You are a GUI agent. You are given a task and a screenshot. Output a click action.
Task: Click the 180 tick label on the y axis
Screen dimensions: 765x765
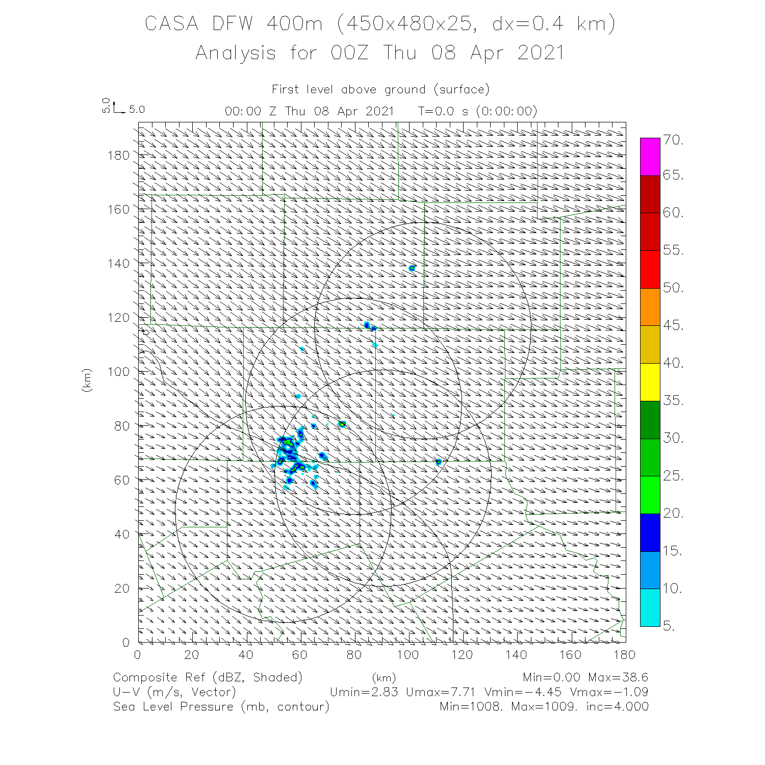click(x=119, y=155)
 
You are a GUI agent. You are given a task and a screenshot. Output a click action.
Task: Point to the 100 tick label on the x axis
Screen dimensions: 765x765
click(x=408, y=654)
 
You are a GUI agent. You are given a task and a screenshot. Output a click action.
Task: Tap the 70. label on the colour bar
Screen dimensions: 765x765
click(x=673, y=140)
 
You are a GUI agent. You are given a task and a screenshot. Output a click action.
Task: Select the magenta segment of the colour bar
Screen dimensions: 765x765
click(x=650, y=157)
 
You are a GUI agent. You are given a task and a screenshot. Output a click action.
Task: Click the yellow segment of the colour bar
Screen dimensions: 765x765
click(x=650, y=382)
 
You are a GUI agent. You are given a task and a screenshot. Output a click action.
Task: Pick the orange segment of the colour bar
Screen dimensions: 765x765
click(x=650, y=307)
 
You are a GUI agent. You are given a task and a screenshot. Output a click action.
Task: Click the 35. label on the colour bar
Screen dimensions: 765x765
click(x=673, y=400)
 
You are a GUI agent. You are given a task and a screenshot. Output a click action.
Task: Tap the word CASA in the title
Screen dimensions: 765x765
click(x=171, y=24)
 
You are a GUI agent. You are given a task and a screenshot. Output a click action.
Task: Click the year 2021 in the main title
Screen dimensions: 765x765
click(x=541, y=53)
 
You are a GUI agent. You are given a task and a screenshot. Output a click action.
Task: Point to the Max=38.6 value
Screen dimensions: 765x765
click(x=618, y=677)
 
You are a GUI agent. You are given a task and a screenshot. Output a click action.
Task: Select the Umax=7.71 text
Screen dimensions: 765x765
click(x=441, y=692)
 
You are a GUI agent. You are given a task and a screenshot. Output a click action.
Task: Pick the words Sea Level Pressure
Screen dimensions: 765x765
click(x=173, y=706)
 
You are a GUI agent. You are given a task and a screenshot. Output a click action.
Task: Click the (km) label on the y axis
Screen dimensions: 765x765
click(x=87, y=380)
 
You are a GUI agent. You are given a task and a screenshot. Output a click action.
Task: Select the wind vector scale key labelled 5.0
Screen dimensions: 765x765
click(x=122, y=109)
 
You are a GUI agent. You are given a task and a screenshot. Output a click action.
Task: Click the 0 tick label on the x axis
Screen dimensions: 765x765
click(x=138, y=654)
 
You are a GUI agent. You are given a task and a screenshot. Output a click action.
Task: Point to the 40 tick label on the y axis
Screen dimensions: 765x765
click(x=122, y=534)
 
